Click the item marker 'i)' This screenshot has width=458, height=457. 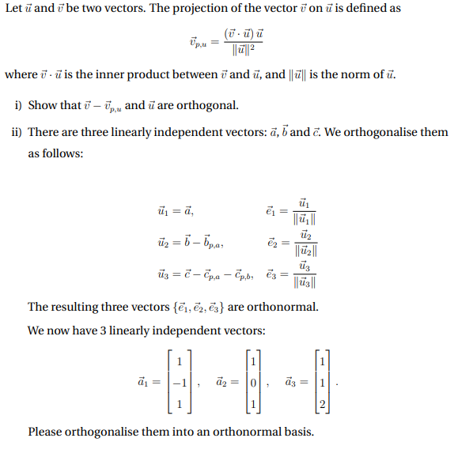tap(19, 105)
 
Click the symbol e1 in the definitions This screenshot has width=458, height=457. tap(271, 212)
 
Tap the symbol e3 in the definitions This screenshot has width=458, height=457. tap(271, 275)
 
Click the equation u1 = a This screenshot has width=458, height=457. tap(177, 212)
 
